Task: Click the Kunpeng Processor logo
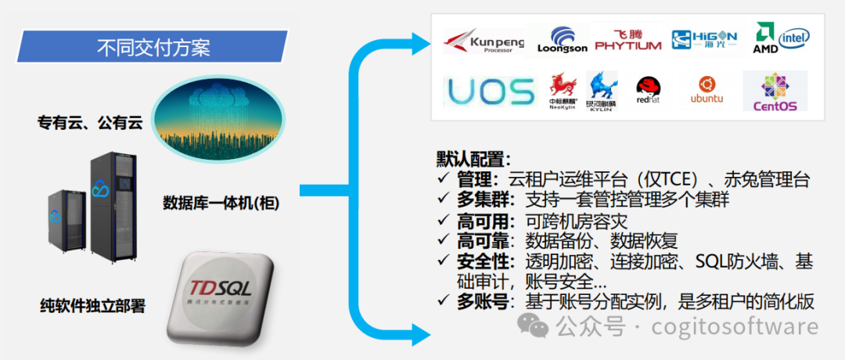tap(483, 40)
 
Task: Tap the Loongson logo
tap(562, 41)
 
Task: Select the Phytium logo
tap(627, 38)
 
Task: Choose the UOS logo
tap(491, 92)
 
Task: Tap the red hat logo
tap(649, 92)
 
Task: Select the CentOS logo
tap(775, 92)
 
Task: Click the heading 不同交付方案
tap(153, 47)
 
